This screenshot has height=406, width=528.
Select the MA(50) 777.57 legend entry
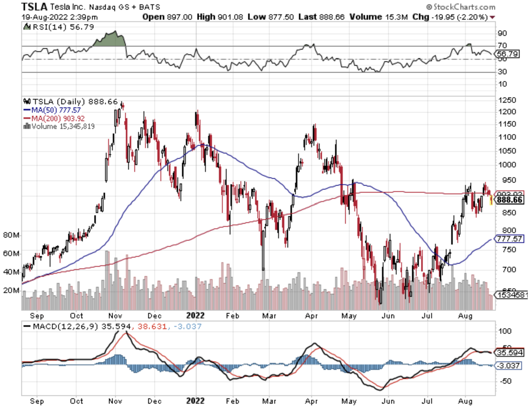coord(52,110)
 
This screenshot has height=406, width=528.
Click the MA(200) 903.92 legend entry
coord(54,118)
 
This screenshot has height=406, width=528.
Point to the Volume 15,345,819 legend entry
coord(59,127)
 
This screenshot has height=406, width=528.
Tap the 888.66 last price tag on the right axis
coord(510,200)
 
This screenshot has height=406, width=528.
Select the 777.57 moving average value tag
coord(509,239)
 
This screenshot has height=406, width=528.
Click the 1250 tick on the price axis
coord(507,100)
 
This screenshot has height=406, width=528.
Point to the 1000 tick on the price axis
coord(507,165)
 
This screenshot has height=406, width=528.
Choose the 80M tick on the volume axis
coord(11,235)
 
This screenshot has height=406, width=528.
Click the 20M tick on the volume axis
coord(11,290)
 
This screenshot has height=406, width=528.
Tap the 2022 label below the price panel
coord(195,316)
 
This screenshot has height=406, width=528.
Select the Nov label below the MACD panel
coord(115,401)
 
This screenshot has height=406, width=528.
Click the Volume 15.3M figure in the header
coord(378,17)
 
